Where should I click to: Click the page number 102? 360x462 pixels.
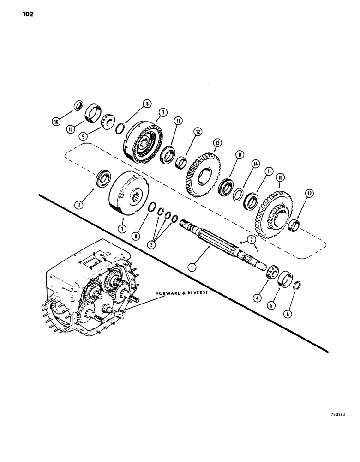[26, 14]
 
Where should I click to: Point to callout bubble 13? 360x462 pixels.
[216, 142]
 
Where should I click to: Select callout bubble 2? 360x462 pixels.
[251, 239]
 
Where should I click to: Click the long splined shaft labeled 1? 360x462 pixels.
[217, 240]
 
